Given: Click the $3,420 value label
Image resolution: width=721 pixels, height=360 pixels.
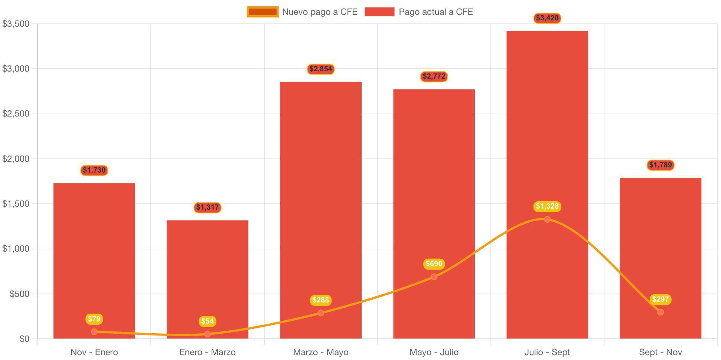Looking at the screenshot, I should pyautogui.click(x=547, y=18).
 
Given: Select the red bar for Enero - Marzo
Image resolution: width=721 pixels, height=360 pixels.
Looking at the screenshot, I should pyautogui.click(x=207, y=278).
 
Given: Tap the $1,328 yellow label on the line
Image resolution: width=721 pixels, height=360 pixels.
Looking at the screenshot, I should pyautogui.click(x=547, y=206).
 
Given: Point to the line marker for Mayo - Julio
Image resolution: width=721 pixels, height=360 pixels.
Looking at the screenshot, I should pyautogui.click(x=434, y=276).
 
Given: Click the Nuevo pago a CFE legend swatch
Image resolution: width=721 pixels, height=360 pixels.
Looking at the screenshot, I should pyautogui.click(x=262, y=12).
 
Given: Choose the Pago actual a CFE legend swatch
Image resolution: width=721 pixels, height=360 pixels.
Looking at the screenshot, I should pyautogui.click(x=379, y=12).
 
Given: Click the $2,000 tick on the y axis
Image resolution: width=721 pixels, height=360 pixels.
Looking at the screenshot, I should pyautogui.click(x=16, y=159).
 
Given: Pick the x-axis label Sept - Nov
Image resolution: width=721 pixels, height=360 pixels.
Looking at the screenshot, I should pyautogui.click(x=660, y=352).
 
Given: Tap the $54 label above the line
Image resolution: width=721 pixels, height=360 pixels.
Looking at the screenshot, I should pyautogui.click(x=207, y=321).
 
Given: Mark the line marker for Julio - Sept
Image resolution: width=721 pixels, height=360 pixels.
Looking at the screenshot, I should pyautogui.click(x=547, y=219).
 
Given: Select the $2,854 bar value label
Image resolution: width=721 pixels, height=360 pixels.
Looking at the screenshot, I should pyautogui.click(x=320, y=69).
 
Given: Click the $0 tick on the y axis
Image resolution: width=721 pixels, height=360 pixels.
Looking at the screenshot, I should pyautogui.click(x=24, y=339).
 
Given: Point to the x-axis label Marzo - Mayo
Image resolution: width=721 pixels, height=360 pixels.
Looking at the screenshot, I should pyautogui.click(x=320, y=352).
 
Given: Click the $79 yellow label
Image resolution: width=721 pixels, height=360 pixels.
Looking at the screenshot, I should pyautogui.click(x=94, y=319).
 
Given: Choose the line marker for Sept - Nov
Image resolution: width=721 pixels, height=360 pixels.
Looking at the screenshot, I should pyautogui.click(x=660, y=312).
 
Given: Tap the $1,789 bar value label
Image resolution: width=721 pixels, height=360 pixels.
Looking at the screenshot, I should pyautogui.click(x=660, y=165).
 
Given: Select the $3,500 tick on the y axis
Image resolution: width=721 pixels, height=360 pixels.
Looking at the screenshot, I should pyautogui.click(x=16, y=24).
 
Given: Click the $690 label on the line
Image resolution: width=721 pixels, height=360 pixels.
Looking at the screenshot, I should pyautogui.click(x=434, y=264).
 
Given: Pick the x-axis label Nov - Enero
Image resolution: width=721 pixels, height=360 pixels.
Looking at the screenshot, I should pyautogui.click(x=94, y=352).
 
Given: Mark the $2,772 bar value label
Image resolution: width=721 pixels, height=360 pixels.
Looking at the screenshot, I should pyautogui.click(x=434, y=76).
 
